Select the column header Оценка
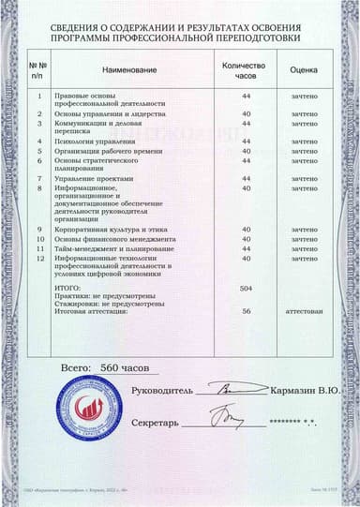305,69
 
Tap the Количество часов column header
247,69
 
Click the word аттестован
305,311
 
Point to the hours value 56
247,311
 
